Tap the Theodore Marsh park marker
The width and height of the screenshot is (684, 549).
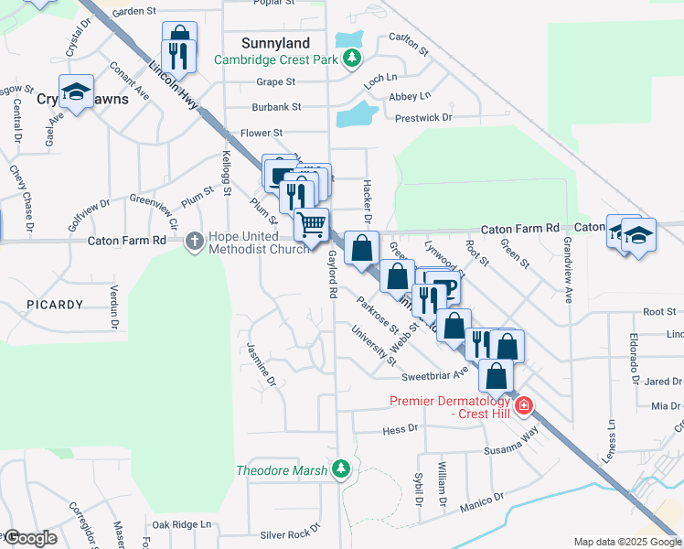[341, 469]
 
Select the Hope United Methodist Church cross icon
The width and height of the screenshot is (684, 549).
[194, 241]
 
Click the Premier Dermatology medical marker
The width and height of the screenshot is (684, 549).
[523, 405]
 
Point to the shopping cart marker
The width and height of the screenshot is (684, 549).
[311, 223]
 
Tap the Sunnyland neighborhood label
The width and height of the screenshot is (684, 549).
[275, 43]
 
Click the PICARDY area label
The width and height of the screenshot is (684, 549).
[55, 304]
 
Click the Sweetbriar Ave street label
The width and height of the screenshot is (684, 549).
[434, 376]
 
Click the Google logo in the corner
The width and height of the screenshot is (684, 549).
[29, 539]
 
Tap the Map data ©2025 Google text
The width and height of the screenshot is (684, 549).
[626, 542]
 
